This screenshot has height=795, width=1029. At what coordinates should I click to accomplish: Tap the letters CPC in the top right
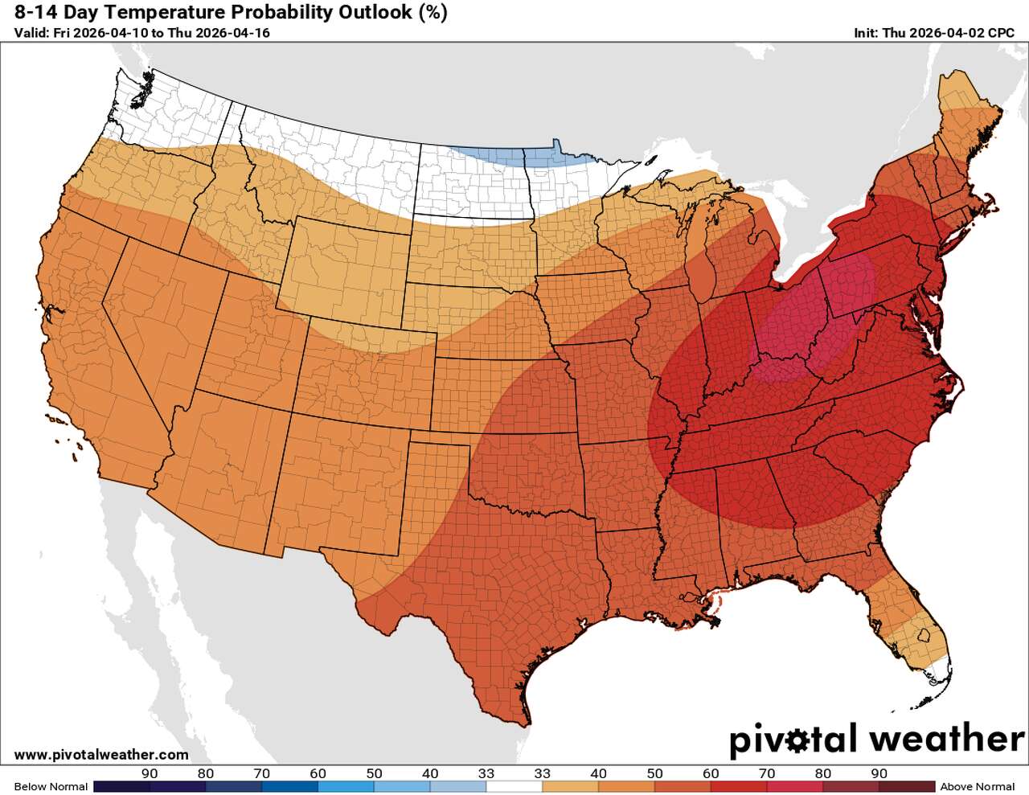point(1001,33)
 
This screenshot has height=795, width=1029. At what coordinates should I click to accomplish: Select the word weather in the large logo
point(947,738)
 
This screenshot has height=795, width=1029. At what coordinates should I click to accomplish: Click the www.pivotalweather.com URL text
point(101,755)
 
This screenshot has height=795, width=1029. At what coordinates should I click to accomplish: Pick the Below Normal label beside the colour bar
point(51,786)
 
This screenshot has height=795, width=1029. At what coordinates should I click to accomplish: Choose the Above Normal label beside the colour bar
point(978,786)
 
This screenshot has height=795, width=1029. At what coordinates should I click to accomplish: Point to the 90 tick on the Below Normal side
point(150,773)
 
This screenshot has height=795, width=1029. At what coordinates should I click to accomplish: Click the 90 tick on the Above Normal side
point(879,773)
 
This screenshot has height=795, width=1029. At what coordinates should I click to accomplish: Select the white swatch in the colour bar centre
point(514,786)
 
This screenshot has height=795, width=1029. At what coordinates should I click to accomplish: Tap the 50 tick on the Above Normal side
point(655,773)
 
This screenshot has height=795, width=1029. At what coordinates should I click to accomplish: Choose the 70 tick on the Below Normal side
point(262,773)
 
